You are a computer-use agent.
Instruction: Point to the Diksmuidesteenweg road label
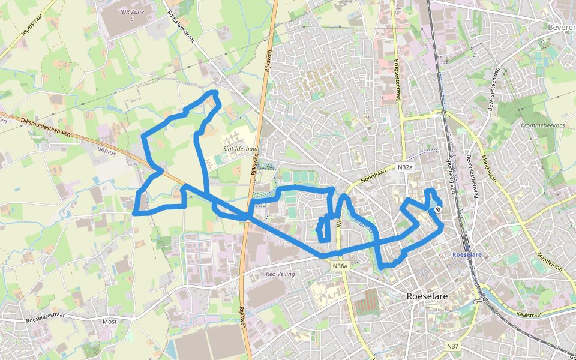tap(45, 127)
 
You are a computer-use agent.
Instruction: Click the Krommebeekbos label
tap(544, 125)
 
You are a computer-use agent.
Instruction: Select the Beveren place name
tap(562, 27)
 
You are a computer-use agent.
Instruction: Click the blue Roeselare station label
tap(467, 254)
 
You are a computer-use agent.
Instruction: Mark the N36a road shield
tap(340, 266)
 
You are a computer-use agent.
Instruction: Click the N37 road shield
tap(454, 346)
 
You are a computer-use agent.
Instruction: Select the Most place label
tap(110, 322)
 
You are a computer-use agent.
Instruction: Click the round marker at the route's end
tap(438, 209)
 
